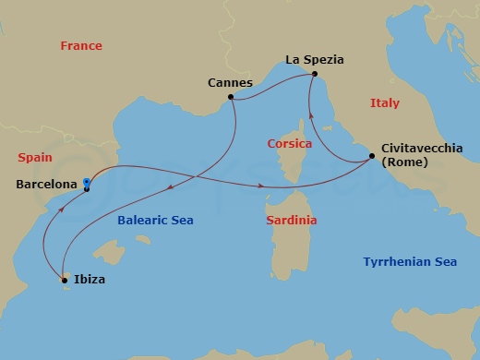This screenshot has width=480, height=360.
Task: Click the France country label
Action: tap(80, 46)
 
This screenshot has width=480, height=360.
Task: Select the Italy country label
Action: tap(384, 104)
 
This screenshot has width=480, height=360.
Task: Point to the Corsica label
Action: tap(289, 144)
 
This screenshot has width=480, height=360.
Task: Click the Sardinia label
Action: tap(291, 221)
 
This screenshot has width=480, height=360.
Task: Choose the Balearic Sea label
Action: tap(154, 221)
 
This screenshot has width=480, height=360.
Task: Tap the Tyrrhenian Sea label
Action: tap(409, 262)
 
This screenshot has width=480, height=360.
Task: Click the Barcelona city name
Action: tap(46, 185)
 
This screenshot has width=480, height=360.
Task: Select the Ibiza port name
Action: tap(89, 279)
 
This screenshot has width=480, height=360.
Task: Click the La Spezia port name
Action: tap(314, 60)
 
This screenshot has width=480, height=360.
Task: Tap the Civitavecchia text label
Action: tap(422, 148)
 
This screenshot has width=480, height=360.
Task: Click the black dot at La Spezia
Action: tap(315, 74)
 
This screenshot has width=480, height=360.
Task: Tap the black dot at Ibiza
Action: tap(63, 279)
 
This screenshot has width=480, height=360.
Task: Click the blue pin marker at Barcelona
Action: tap(86, 183)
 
